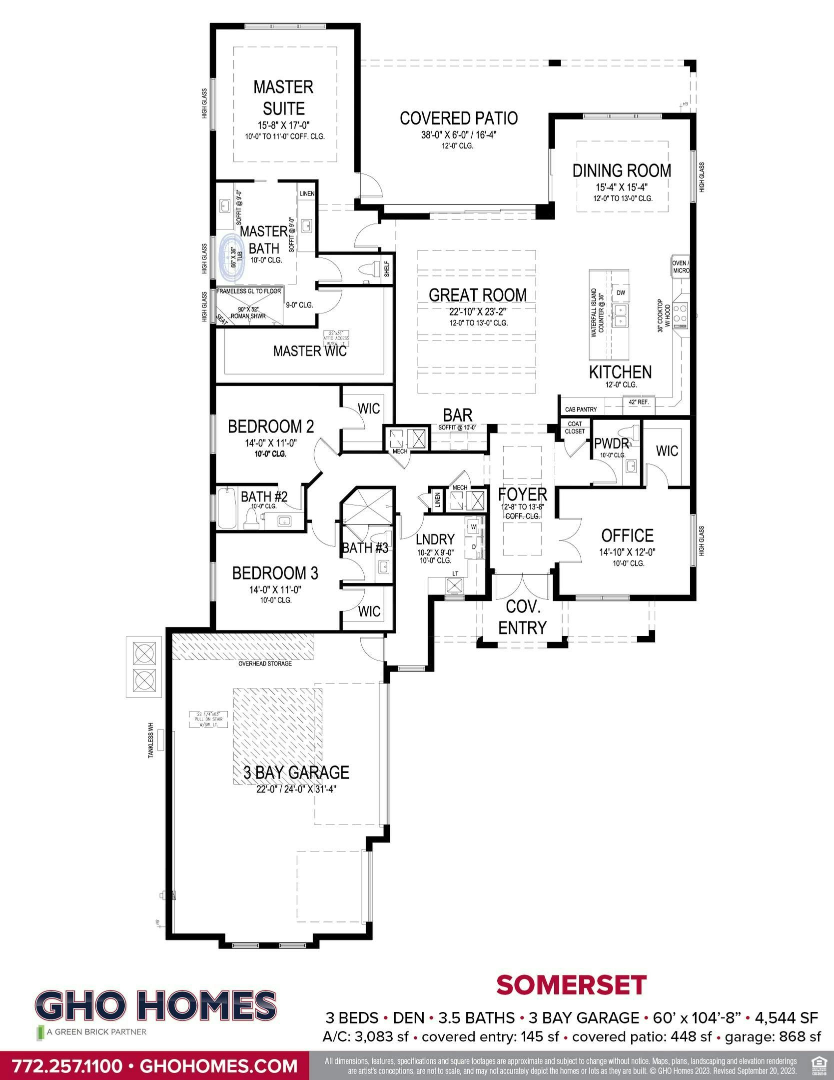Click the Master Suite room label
283,97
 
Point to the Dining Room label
622,170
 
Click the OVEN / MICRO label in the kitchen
680,266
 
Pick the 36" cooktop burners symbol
680,312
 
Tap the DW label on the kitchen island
621,292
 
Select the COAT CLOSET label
575,427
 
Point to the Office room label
627,535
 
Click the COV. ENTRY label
523,617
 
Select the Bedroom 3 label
275,573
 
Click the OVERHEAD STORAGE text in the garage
265,663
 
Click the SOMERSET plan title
571,985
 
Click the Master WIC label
310,351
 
